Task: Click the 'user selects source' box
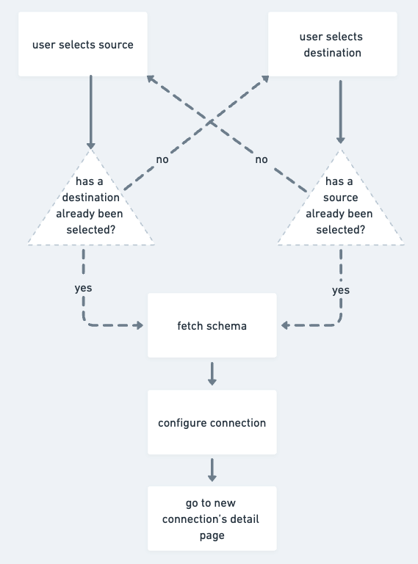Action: (83, 45)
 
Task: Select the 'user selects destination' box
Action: (331, 45)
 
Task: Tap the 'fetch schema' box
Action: (212, 325)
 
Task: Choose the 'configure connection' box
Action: (212, 423)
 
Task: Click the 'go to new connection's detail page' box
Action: (212, 519)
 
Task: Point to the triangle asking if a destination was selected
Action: (90, 206)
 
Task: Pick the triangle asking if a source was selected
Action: (340, 206)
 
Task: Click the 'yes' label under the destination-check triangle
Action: (83, 288)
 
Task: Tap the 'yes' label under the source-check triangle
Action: (341, 290)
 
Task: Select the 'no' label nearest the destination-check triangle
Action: (162, 159)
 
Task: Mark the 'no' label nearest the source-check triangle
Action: (261, 159)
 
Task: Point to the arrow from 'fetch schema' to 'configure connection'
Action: (212, 374)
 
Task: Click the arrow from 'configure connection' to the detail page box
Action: (212, 471)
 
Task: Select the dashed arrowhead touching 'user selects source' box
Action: (151, 79)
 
